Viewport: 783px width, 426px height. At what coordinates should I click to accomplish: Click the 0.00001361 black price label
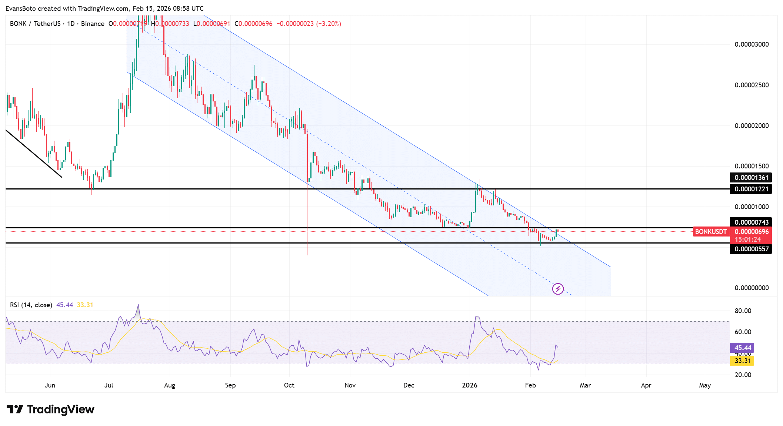coord(751,178)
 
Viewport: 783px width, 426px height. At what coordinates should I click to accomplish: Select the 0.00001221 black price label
coord(751,189)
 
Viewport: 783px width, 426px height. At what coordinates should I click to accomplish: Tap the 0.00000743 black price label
coord(751,222)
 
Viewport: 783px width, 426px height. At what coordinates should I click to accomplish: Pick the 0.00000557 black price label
coord(751,249)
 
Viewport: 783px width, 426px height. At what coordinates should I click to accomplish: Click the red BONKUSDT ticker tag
coord(710,232)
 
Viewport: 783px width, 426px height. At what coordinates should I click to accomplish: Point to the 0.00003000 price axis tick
coord(752,44)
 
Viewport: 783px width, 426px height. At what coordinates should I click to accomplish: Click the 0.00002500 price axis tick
coord(752,85)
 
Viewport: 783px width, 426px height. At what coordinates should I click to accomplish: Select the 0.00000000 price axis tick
coord(752,288)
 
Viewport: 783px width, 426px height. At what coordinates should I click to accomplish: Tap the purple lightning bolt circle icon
coord(558,289)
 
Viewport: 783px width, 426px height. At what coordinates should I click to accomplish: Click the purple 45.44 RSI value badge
coord(742,348)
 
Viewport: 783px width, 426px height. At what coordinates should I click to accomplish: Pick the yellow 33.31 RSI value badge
coord(742,361)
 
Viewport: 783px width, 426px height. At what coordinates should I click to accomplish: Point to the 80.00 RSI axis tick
coord(743,311)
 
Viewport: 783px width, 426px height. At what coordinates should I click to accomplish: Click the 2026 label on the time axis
coord(470,385)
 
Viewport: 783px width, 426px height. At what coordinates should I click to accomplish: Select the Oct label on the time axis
coord(289,385)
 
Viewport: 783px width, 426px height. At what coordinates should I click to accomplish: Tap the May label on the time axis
coord(704,385)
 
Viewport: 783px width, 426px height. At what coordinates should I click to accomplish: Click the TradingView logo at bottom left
coord(50,409)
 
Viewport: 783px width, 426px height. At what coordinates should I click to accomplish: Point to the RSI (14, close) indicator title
coord(31,305)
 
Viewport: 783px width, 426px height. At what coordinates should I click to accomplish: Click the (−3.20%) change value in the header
coord(329,24)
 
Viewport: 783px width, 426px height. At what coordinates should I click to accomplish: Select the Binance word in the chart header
coord(93,24)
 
